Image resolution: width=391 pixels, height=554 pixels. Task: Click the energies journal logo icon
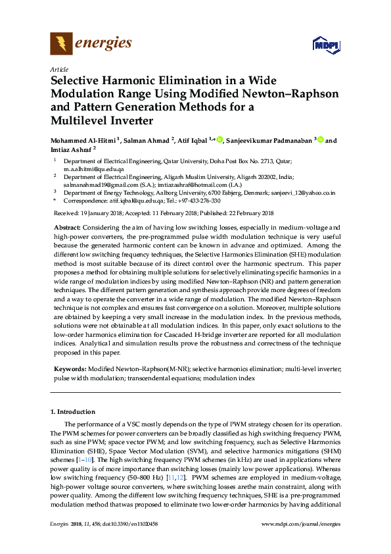pos(61,44)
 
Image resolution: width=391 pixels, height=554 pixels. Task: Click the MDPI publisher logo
pos(325,45)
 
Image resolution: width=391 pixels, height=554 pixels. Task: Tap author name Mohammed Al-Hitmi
pos(81,141)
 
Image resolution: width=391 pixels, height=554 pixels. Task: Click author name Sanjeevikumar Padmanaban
pos(269,141)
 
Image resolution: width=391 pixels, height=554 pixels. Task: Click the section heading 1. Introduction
pos(73,411)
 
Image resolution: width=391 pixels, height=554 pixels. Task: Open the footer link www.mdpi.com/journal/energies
pos(301,524)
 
